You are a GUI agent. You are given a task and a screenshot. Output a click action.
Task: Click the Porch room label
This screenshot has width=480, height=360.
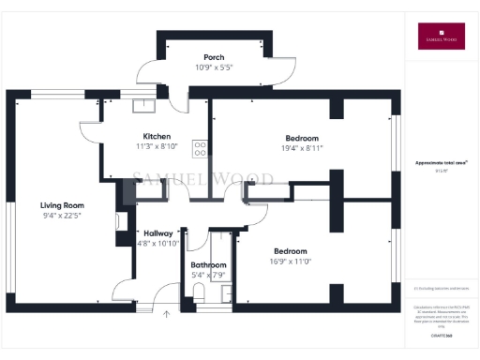click(214, 57)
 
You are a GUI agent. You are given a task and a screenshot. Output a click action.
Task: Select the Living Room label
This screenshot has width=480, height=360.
click(62, 204)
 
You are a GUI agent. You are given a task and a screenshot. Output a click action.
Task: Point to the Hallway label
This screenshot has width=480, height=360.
click(157, 232)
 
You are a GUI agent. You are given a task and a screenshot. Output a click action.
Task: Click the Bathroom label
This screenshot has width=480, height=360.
click(208, 264)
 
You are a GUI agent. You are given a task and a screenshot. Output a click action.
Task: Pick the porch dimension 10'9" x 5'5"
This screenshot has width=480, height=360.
click(214, 67)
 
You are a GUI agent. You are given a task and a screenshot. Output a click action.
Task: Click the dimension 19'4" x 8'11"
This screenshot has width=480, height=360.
click(303, 148)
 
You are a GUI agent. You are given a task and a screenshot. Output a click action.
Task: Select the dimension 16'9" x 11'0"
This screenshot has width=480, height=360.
click(294, 262)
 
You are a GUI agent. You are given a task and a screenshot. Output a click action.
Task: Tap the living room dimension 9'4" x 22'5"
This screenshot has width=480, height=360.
click(62, 216)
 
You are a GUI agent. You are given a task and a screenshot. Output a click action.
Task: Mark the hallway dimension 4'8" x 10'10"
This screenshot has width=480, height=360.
click(157, 243)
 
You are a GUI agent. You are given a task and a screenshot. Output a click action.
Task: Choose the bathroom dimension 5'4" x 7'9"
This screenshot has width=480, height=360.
click(208, 275)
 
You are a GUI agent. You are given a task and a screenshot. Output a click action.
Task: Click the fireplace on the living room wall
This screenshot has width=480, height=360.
click(122, 222)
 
